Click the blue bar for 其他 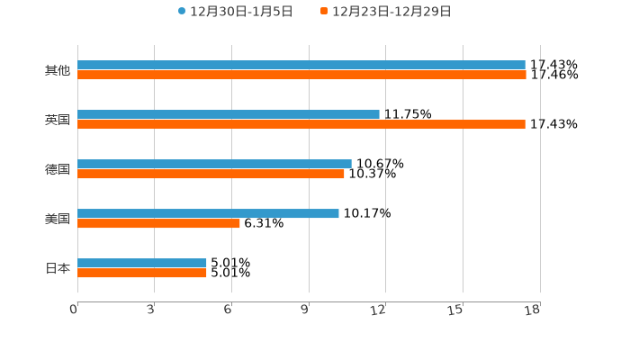click(301, 65)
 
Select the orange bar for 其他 click(301, 75)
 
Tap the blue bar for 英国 click(229, 114)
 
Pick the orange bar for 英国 click(301, 124)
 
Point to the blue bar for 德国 click(214, 164)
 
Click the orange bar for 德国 click(211, 174)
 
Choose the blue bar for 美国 click(208, 213)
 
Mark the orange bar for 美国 click(158, 223)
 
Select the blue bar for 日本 click(142, 263)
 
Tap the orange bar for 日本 click(142, 273)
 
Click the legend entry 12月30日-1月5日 click(235, 12)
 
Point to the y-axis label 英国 click(58, 120)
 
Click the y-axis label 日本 click(58, 268)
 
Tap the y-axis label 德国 click(58, 169)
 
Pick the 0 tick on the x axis click(74, 310)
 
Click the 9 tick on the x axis click(305, 310)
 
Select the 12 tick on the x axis click(379, 310)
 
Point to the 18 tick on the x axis click(533, 310)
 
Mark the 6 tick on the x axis click(229, 310)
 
